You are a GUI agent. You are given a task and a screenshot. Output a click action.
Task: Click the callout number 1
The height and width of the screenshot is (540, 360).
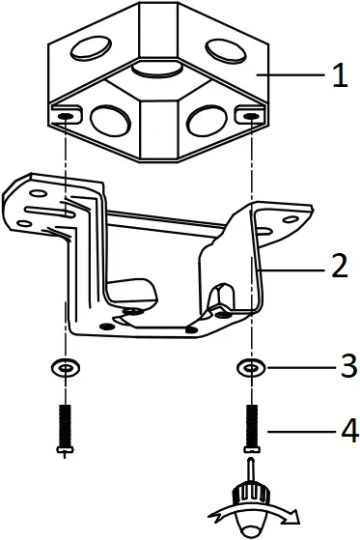click(x=339, y=76)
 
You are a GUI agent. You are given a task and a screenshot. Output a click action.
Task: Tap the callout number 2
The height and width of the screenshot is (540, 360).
click(x=339, y=268)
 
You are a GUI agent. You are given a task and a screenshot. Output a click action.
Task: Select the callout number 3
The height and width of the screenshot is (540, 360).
click(x=339, y=366)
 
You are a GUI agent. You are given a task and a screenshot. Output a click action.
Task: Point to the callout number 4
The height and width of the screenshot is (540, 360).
click(x=339, y=427)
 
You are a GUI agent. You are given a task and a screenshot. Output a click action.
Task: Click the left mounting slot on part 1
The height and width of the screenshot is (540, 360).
click(x=65, y=116)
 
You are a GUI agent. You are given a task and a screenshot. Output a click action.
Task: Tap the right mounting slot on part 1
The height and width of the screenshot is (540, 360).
click(x=250, y=116)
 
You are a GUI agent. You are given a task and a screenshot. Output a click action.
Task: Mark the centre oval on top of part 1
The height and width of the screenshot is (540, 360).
click(x=156, y=67)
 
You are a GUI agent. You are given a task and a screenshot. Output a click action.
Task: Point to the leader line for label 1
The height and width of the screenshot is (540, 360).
click(x=294, y=75)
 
